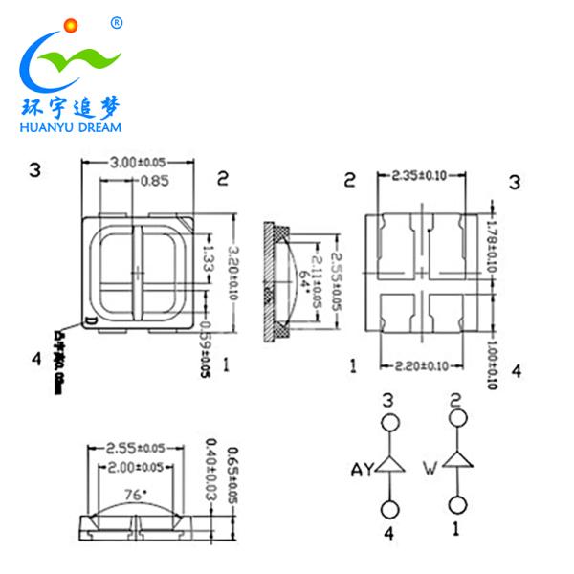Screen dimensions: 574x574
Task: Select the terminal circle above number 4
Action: pos(389,509)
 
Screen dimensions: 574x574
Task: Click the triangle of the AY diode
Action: pos(389,465)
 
